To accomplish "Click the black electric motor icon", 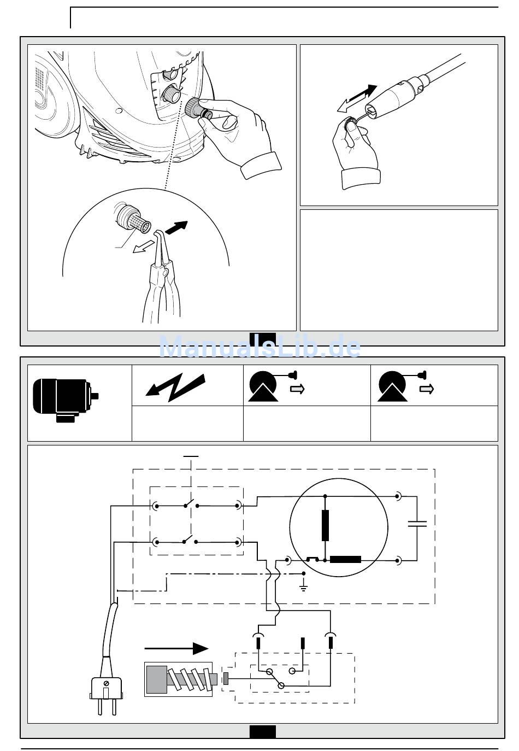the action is (66, 400).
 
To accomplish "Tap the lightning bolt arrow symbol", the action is (175, 387).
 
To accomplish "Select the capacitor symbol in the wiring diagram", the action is (417, 524).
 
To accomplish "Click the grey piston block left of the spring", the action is (157, 679).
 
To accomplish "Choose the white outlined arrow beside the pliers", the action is (143, 248).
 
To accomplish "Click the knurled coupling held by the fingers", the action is (193, 107).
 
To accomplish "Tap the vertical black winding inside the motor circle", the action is (325, 525).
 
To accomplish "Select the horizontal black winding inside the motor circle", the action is (345, 559).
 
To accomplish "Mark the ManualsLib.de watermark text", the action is (260, 346).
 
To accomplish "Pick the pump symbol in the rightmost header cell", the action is (392, 386).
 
